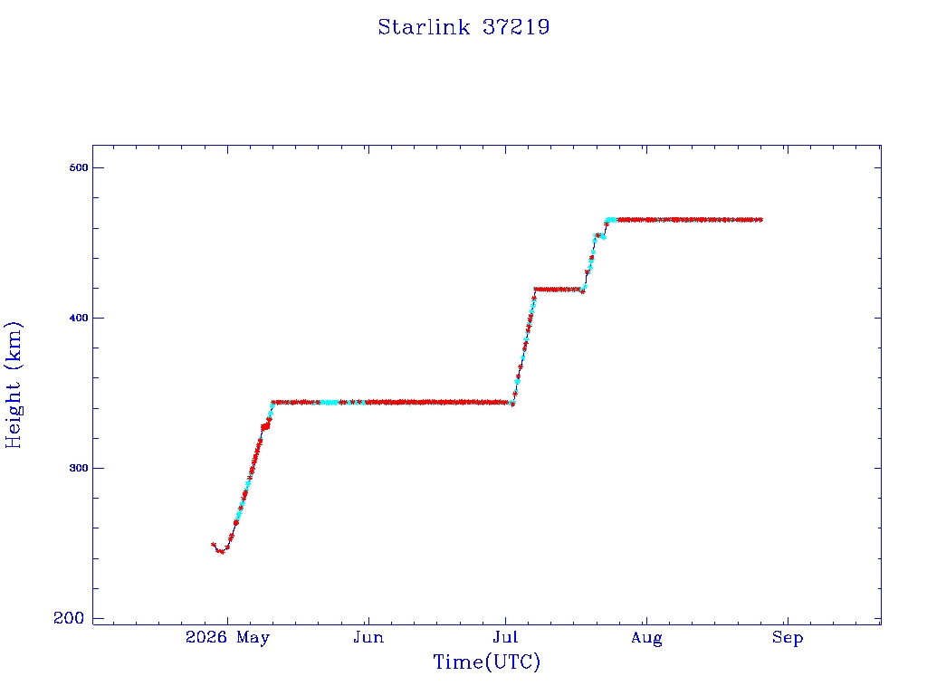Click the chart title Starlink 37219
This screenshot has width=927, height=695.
click(x=463, y=27)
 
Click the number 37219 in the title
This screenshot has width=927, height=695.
click(x=516, y=27)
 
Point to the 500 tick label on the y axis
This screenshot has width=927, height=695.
click(x=78, y=167)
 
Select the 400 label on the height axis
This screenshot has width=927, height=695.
click(x=78, y=318)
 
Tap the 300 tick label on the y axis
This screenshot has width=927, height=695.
click(x=78, y=468)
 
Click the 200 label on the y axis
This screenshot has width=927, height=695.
click(x=69, y=618)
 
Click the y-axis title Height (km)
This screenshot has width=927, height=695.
click(x=13, y=385)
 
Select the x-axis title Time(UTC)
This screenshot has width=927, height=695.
click(x=486, y=662)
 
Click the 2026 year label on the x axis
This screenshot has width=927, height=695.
click(x=206, y=637)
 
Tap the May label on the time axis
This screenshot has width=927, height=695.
click(x=253, y=638)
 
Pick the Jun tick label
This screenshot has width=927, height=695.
click(x=368, y=637)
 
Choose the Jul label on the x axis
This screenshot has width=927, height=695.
click(x=505, y=637)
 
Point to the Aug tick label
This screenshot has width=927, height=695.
click(x=646, y=638)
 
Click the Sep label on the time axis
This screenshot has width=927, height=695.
click(x=788, y=638)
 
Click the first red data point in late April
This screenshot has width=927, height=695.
click(x=214, y=545)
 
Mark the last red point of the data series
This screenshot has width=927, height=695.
click(x=760, y=220)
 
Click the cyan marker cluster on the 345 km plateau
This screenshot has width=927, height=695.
click(x=329, y=403)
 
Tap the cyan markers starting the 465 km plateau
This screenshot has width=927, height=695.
click(x=611, y=220)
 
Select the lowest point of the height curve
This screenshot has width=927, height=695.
click(x=222, y=552)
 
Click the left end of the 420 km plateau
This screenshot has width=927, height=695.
click(x=535, y=290)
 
